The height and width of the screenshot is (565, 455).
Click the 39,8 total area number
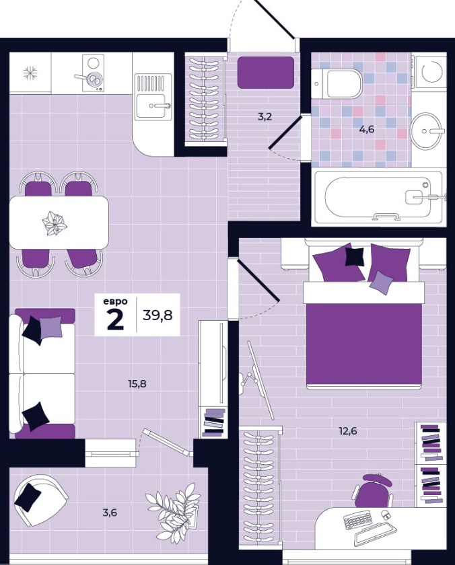point(157,315)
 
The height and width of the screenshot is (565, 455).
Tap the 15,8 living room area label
point(137,384)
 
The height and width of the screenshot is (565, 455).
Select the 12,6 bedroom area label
point(348,431)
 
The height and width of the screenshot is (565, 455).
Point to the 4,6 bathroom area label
point(367,129)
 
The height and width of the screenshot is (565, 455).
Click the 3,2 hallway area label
point(265,117)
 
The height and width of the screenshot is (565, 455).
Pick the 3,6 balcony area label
point(110,513)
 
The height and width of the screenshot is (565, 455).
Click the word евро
point(115,301)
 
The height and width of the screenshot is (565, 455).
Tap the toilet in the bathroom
point(337,83)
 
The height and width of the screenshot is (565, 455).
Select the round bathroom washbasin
point(427,130)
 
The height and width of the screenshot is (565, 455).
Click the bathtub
point(378,196)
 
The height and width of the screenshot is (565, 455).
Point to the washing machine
point(431,71)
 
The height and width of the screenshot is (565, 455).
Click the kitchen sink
point(151,97)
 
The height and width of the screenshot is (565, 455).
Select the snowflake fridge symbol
point(30,73)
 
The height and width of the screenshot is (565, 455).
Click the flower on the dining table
point(55,223)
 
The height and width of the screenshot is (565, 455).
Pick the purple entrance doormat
point(266,73)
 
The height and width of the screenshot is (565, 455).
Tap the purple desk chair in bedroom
point(373,490)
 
